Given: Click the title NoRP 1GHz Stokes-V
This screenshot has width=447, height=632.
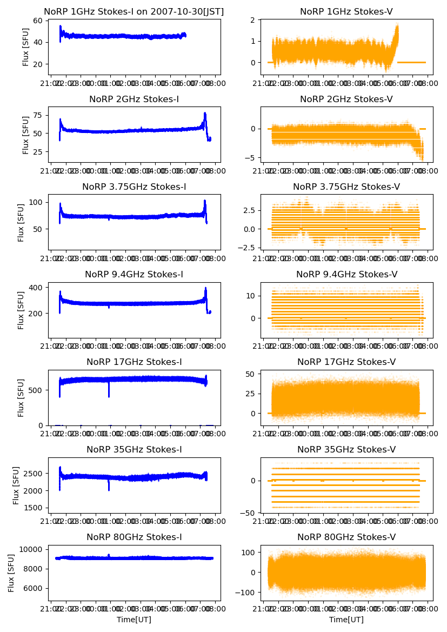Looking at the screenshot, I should point(346,12).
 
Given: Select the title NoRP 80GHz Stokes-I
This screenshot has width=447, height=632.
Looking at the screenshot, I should point(134,537).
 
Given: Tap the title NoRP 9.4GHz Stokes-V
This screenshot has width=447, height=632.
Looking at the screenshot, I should point(346,275).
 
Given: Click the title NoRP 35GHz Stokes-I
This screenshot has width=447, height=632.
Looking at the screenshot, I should point(134,450).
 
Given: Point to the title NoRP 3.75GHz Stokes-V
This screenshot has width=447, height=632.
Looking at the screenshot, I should point(346,187).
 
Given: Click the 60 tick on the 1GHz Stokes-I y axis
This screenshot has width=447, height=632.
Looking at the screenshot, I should point(38,21).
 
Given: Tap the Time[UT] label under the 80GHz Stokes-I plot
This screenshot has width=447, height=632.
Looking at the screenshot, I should point(134,620).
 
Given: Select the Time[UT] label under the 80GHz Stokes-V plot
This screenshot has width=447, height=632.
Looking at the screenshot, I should point(346,620).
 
